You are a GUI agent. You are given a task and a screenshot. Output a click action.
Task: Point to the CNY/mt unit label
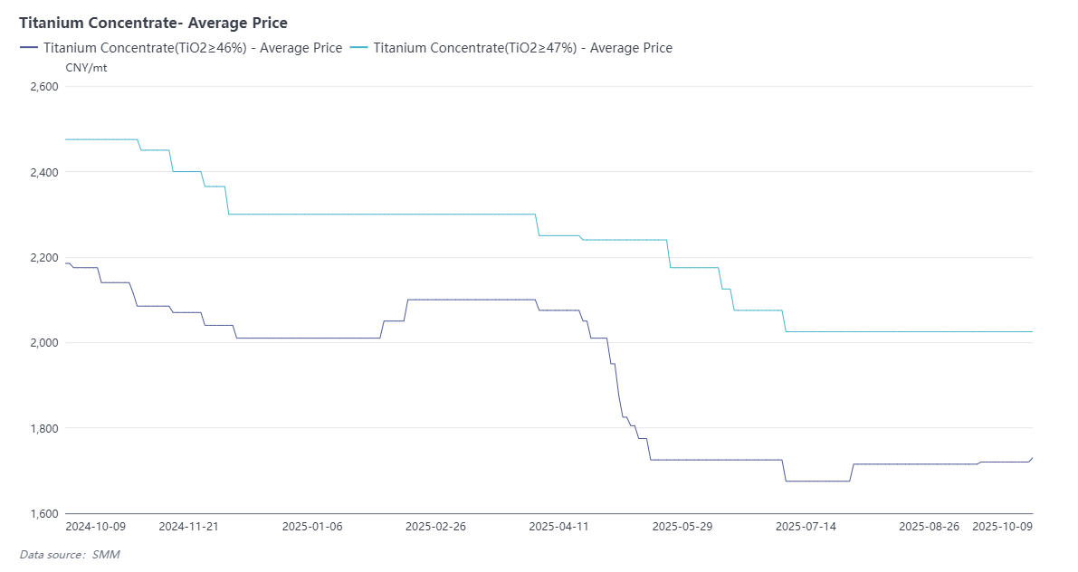coord(86,68)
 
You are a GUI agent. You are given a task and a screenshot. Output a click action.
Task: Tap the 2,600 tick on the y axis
coord(43,87)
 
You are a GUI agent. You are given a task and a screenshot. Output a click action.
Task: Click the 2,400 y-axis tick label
coord(43,172)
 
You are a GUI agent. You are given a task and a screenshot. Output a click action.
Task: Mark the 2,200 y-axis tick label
coord(43,258)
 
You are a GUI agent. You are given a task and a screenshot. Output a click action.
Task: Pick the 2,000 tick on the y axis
coord(43,343)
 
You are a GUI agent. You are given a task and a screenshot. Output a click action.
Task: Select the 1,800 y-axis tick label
coord(43,428)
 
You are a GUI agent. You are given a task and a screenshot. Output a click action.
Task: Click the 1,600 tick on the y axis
coord(43,513)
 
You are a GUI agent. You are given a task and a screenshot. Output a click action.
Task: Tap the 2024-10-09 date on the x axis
coord(96,526)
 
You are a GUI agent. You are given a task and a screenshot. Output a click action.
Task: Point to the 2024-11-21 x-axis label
coord(189,526)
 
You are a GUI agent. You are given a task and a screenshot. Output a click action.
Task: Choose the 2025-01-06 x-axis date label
coord(312,526)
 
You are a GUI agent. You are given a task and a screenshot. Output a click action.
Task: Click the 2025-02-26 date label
coord(435,526)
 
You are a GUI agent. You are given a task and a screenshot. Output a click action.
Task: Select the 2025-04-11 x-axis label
coord(558,526)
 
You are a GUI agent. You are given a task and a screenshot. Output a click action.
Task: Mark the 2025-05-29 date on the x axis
coord(682,526)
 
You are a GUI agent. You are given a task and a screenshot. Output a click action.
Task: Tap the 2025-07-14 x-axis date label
coord(806,526)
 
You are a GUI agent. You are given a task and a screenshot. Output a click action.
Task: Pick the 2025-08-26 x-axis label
coord(930,526)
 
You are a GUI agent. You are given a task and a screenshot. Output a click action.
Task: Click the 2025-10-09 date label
coord(1002,526)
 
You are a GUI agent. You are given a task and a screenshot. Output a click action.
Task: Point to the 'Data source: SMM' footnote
coord(70,554)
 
